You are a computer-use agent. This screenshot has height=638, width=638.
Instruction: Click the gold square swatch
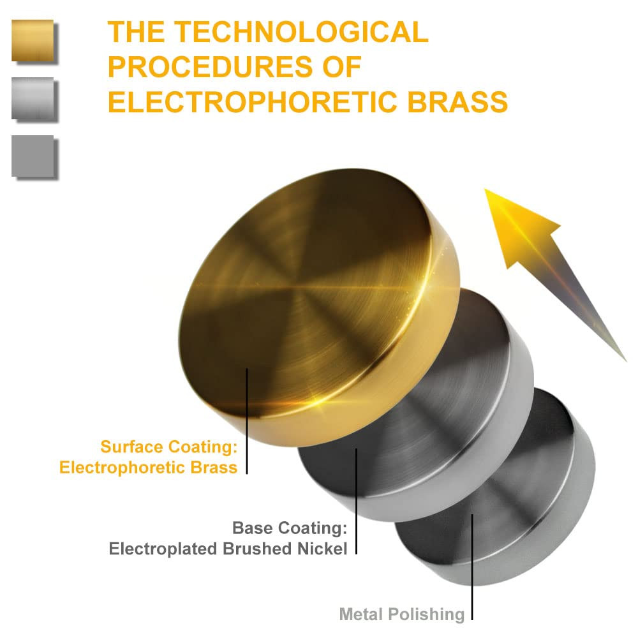[x=33, y=40]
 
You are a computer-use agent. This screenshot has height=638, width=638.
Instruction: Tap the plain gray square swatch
[x=33, y=155]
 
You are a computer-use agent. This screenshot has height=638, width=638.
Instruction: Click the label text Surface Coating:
[x=168, y=446]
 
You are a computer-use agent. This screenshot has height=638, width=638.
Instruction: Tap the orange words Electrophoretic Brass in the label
[x=148, y=467]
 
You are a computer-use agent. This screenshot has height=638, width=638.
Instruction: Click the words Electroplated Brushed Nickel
[x=228, y=548]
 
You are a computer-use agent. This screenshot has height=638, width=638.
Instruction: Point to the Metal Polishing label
[x=402, y=614]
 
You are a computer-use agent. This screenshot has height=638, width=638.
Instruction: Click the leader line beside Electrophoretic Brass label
[x=247, y=421]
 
